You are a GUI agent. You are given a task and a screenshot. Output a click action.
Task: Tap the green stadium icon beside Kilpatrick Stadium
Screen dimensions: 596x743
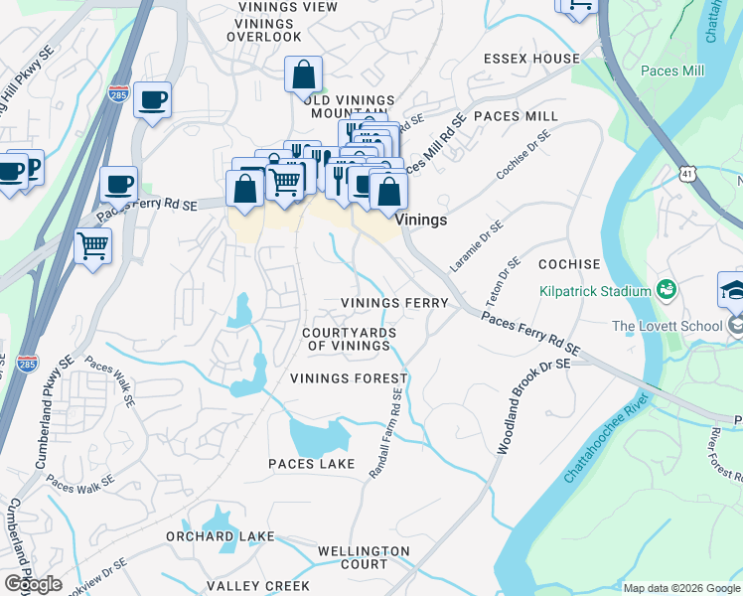click(666, 290)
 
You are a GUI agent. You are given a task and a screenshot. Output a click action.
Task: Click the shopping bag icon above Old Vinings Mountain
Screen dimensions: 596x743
click(304, 74)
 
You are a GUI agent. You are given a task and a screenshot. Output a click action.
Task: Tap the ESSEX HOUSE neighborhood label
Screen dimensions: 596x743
click(531, 59)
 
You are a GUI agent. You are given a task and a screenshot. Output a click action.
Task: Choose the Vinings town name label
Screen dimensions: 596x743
click(420, 220)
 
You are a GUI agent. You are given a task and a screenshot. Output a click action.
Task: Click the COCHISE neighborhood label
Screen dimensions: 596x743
click(569, 264)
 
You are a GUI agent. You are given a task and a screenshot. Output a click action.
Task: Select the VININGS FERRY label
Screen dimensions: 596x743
click(394, 302)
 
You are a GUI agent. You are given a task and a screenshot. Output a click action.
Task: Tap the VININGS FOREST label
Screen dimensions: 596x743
click(349, 378)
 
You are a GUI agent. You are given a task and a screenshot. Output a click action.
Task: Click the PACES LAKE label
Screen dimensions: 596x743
click(311, 464)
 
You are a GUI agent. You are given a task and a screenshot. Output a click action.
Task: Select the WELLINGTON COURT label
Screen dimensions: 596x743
click(364, 557)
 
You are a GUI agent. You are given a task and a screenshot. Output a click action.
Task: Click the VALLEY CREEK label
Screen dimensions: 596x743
click(257, 586)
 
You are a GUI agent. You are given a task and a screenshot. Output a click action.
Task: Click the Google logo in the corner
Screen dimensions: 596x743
click(33, 584)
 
